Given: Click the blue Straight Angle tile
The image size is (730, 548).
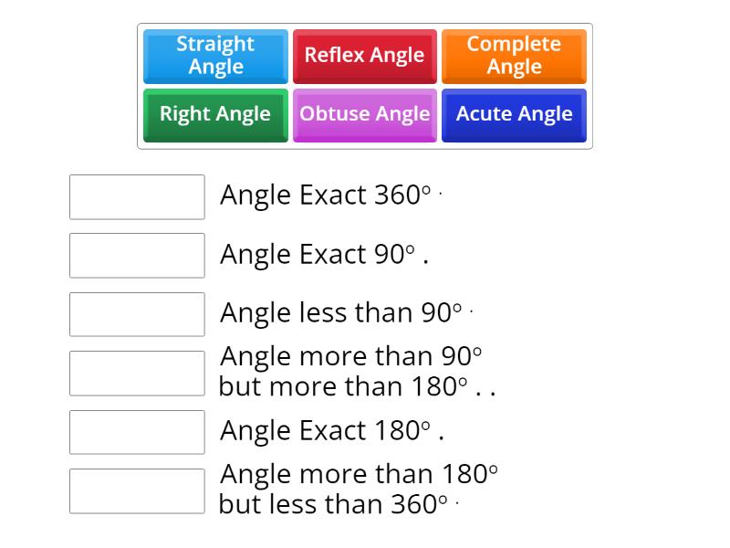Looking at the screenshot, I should click(215, 55).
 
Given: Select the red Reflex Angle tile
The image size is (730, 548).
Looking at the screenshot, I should click(364, 55).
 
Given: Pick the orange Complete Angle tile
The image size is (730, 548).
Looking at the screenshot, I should click(514, 55).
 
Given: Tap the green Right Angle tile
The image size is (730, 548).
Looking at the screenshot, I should click(215, 114).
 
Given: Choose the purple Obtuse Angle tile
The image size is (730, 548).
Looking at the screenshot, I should click(364, 114).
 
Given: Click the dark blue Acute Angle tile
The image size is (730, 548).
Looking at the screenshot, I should click(514, 114).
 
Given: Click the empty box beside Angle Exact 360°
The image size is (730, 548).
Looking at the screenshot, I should click(137, 196).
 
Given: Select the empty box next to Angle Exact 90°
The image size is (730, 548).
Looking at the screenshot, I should click(137, 255).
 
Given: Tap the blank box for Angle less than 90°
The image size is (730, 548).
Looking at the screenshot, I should click(137, 314).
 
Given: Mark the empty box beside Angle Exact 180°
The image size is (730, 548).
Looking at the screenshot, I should click(137, 432).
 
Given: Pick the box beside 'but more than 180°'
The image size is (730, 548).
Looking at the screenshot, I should click(137, 373).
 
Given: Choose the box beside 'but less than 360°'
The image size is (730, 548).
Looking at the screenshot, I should click(137, 490).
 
